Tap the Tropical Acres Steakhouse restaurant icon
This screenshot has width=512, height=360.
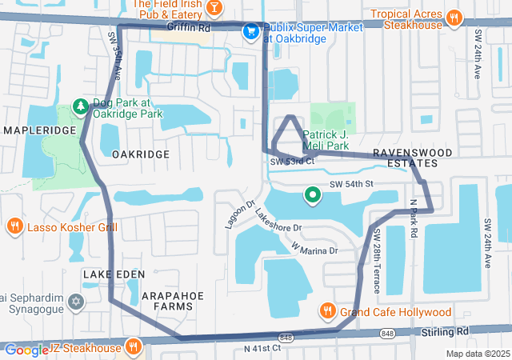[454, 16]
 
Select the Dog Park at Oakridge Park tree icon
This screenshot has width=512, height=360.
[80, 105]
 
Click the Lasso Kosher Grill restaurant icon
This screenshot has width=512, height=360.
[14, 226]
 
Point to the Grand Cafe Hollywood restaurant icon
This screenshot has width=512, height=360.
[327, 310]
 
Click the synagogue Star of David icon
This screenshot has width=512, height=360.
[76, 302]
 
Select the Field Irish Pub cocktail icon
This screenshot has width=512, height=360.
[214, 8]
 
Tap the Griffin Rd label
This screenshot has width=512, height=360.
[189, 27]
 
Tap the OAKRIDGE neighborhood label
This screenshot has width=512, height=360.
[140, 154]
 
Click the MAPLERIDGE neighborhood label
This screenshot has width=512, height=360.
[38, 130]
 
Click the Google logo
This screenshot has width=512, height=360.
[26, 350]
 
